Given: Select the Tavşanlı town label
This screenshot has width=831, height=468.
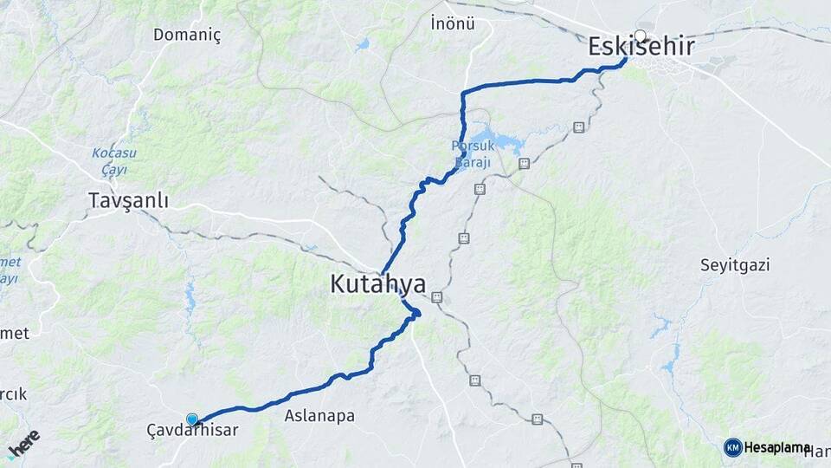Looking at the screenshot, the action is click(128, 201).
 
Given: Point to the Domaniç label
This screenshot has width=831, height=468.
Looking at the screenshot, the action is click(187, 36).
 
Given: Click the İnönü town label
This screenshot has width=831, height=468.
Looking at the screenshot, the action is click(453, 23).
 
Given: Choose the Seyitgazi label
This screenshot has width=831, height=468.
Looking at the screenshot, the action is click(735, 265).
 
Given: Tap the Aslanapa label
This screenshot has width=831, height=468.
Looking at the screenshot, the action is click(319, 416).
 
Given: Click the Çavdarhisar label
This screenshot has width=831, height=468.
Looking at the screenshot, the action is click(192, 429).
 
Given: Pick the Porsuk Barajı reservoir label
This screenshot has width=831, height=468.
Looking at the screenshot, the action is click(472, 154).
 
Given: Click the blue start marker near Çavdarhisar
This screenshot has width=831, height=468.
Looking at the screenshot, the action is click(192, 419).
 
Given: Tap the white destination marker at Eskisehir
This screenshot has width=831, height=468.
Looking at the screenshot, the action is click(640, 36).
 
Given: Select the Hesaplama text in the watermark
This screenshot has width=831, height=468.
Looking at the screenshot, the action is click(777, 447).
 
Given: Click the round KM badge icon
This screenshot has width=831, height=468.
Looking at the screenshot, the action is click(732, 447).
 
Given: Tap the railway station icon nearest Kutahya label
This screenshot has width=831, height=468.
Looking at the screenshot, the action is click(436, 297).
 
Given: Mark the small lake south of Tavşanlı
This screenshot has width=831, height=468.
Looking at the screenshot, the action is click(190, 298).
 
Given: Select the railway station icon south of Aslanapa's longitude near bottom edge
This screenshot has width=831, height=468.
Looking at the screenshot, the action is click(538, 419).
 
